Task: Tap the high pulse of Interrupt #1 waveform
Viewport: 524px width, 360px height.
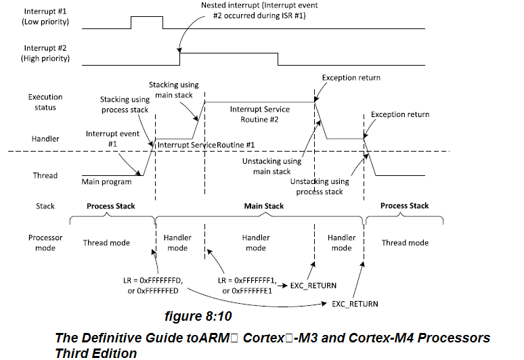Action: [147, 22]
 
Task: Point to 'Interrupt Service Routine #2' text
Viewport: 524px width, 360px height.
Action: [259, 114]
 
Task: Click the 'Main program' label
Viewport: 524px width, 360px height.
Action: [106, 181]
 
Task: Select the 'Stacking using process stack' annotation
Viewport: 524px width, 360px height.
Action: [124, 104]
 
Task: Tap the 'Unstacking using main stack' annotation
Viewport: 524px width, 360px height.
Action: [272, 166]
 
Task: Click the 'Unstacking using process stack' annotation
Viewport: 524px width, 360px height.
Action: [320, 186]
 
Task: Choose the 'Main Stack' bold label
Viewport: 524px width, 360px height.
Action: [263, 206]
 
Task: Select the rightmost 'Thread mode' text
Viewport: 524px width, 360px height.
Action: [405, 242]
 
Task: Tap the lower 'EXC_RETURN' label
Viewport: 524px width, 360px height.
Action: [354, 304]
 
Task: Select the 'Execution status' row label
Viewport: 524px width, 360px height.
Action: [42, 102]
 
